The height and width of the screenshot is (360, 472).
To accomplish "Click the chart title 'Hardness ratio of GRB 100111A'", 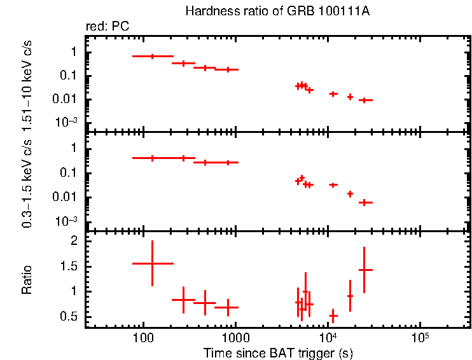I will tap(277, 11).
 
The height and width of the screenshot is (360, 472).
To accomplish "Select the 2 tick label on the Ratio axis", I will tap(73, 242).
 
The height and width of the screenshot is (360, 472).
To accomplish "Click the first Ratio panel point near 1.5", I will tap(152, 263).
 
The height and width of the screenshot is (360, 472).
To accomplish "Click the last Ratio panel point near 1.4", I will tap(364, 270).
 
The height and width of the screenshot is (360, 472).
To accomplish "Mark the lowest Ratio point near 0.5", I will tap(333, 315).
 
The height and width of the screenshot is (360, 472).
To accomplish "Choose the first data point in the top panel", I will tap(152, 57).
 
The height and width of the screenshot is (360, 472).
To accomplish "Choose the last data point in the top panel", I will tap(364, 100).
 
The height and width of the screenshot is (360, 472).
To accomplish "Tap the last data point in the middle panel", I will tap(364, 202).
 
